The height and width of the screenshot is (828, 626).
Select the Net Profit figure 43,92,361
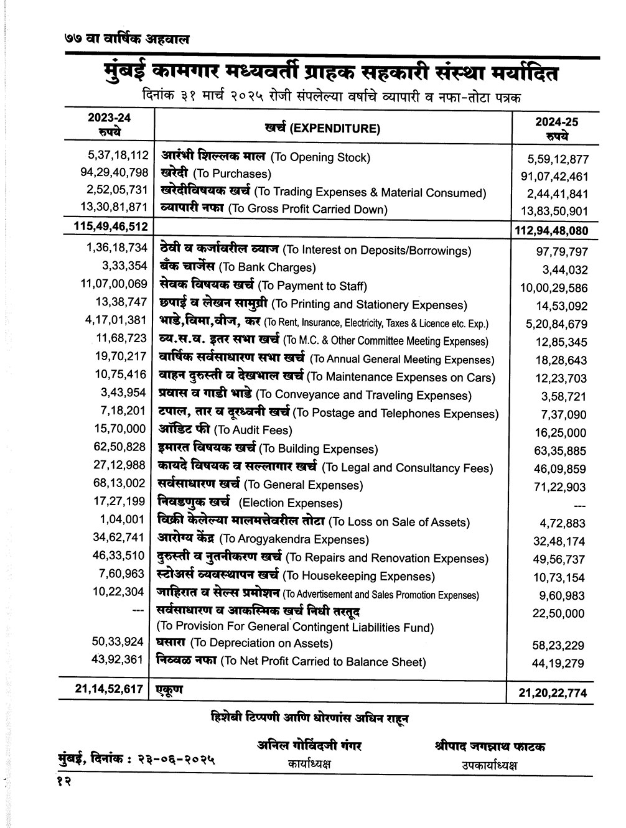(118, 659)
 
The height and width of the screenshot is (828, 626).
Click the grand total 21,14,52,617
(105, 689)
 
